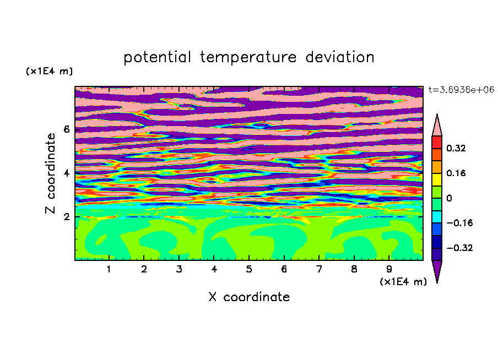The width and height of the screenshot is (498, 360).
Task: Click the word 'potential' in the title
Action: click(x=157, y=57)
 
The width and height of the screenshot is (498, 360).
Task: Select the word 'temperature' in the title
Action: click(x=248, y=57)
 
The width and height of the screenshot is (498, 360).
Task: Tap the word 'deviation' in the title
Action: click(x=339, y=57)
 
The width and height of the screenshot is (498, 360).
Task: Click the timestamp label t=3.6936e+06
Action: click(x=461, y=90)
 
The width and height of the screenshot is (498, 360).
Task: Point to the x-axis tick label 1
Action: click(x=109, y=269)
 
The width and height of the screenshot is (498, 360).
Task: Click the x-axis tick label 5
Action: click(x=248, y=269)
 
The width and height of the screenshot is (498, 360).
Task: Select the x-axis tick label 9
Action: click(x=389, y=269)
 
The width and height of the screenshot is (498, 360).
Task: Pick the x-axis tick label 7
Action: click(x=319, y=269)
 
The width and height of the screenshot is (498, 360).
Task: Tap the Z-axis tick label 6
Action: click(x=66, y=129)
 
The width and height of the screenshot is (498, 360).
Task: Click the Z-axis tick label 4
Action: click(x=66, y=173)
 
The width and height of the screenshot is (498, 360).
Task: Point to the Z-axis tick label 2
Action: click(x=66, y=217)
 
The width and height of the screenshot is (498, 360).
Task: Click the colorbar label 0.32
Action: click(x=456, y=148)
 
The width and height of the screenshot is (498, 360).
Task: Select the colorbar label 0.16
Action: click(x=456, y=173)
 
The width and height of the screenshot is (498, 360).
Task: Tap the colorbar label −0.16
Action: click(x=459, y=223)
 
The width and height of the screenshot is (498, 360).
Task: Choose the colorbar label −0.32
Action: click(x=459, y=248)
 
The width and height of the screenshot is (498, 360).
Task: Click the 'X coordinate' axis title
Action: click(x=249, y=297)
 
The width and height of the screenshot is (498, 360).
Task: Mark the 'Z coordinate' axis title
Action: click(x=50, y=173)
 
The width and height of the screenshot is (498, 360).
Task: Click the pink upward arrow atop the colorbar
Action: click(x=437, y=125)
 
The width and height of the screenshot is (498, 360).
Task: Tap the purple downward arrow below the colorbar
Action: click(x=437, y=271)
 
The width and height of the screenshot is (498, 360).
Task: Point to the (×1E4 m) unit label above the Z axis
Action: click(x=49, y=71)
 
